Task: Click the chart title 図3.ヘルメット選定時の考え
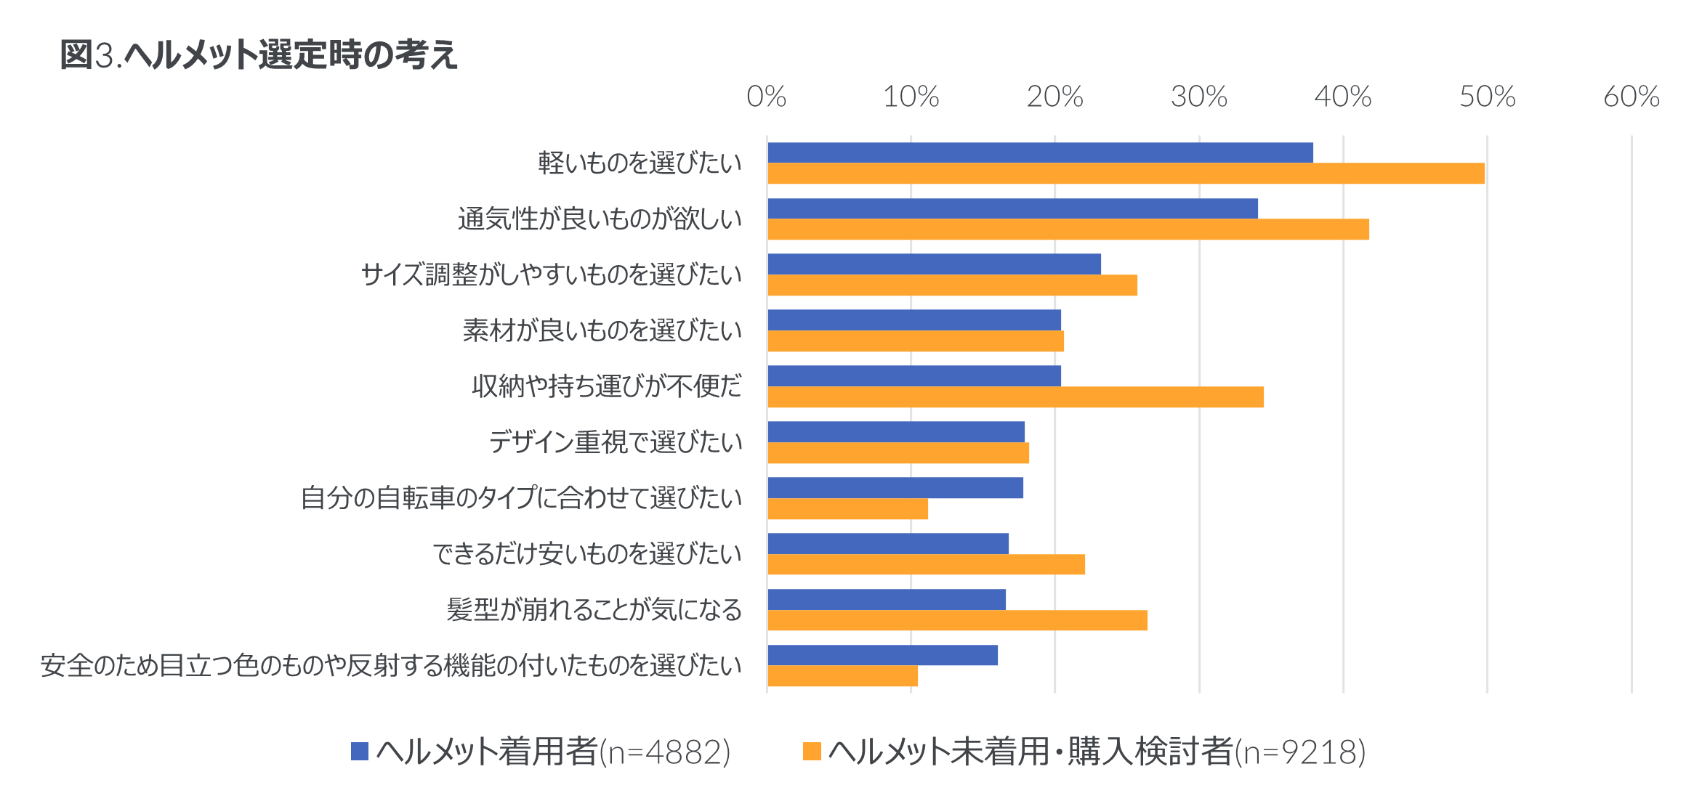click(259, 55)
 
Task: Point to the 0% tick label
click(767, 97)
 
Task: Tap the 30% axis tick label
click(1199, 97)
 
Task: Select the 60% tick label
click(1632, 97)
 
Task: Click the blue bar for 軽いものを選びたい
click(1041, 153)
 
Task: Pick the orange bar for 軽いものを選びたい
click(1126, 174)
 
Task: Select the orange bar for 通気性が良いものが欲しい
click(1068, 229)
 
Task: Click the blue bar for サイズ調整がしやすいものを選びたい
click(935, 264)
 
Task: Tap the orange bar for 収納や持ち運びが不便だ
click(1016, 397)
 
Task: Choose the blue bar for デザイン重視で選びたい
click(896, 432)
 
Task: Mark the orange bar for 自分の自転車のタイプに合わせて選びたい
click(848, 509)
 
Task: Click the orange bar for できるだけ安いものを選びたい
click(927, 564)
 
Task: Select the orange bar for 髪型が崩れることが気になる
click(958, 620)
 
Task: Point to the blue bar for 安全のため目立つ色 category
click(883, 655)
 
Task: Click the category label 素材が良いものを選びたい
click(602, 330)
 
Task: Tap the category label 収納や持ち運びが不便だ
click(607, 386)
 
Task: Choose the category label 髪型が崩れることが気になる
click(594, 609)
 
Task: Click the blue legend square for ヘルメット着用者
click(360, 752)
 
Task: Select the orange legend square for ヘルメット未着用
click(812, 752)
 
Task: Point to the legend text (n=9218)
click(1300, 752)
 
